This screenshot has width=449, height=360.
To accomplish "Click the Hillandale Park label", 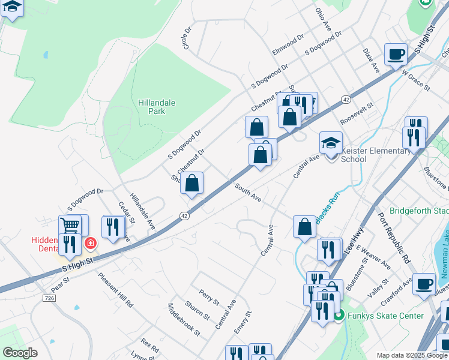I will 157,107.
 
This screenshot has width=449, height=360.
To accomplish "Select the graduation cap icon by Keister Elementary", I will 331,143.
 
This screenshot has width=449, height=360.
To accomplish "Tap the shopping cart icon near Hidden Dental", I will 71,225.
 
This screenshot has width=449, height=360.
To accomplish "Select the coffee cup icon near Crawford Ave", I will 424,283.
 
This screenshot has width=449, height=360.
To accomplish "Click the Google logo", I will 20,352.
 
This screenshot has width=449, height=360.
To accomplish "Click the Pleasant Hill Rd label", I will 115,290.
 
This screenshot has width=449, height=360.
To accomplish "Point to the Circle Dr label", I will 187,38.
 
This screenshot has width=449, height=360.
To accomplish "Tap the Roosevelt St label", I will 357,113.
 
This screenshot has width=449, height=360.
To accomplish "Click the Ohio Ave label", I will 324,20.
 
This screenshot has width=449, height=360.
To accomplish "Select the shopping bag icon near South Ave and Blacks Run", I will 304,227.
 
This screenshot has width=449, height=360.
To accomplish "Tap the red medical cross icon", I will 90,243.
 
